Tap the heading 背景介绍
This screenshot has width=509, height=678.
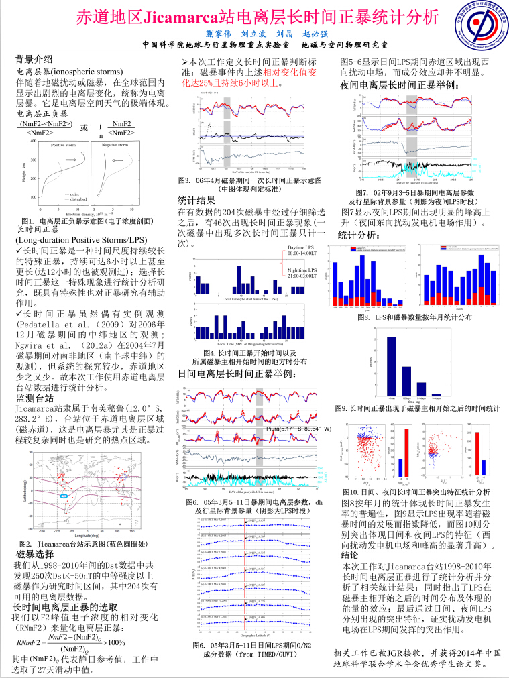click(x=34, y=58)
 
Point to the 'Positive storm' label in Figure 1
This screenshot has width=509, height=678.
click(x=64, y=145)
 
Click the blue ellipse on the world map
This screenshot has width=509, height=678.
click(x=64, y=495)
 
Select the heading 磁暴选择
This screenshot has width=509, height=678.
click(x=34, y=554)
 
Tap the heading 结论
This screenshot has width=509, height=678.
click(x=349, y=555)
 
